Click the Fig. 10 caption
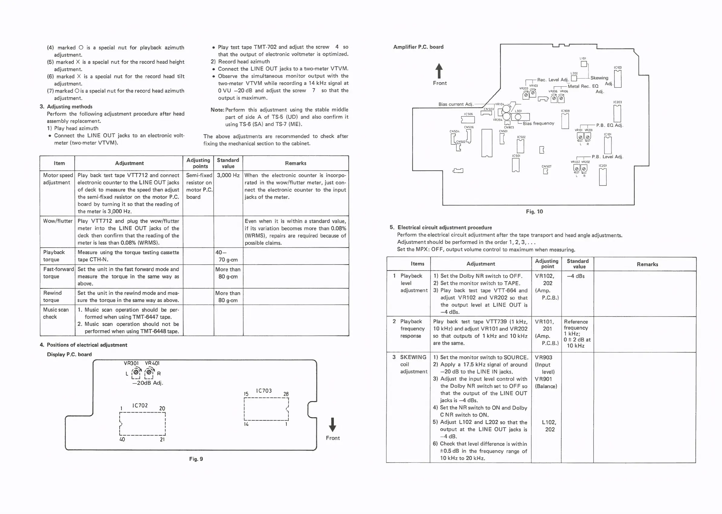534,211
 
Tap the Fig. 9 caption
196,459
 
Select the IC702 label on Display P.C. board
140,406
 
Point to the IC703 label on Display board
264,391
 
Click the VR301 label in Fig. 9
131,363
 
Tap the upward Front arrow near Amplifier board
439,71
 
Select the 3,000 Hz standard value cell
228,175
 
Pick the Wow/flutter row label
58,221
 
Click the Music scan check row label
56,313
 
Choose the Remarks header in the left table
295,163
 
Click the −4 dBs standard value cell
576,276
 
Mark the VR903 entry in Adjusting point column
543,357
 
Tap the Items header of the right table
417,264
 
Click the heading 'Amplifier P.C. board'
418,47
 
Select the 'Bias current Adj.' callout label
456,104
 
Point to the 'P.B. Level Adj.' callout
607,157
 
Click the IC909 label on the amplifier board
565,111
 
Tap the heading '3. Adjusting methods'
66,107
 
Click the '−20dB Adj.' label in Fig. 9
147,383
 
